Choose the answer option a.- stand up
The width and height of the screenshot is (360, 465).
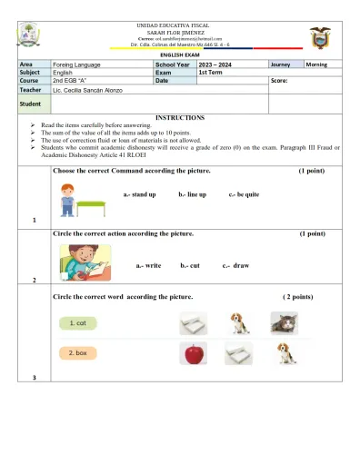pyautogui.click(x=139, y=194)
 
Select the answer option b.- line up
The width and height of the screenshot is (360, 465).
pyautogui.click(x=192, y=194)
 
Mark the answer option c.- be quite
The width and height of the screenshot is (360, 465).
pyautogui.click(x=244, y=194)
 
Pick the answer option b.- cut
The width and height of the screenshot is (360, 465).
pyautogui.click(x=190, y=265)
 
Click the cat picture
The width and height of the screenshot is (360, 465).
pyautogui.click(x=285, y=322)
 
